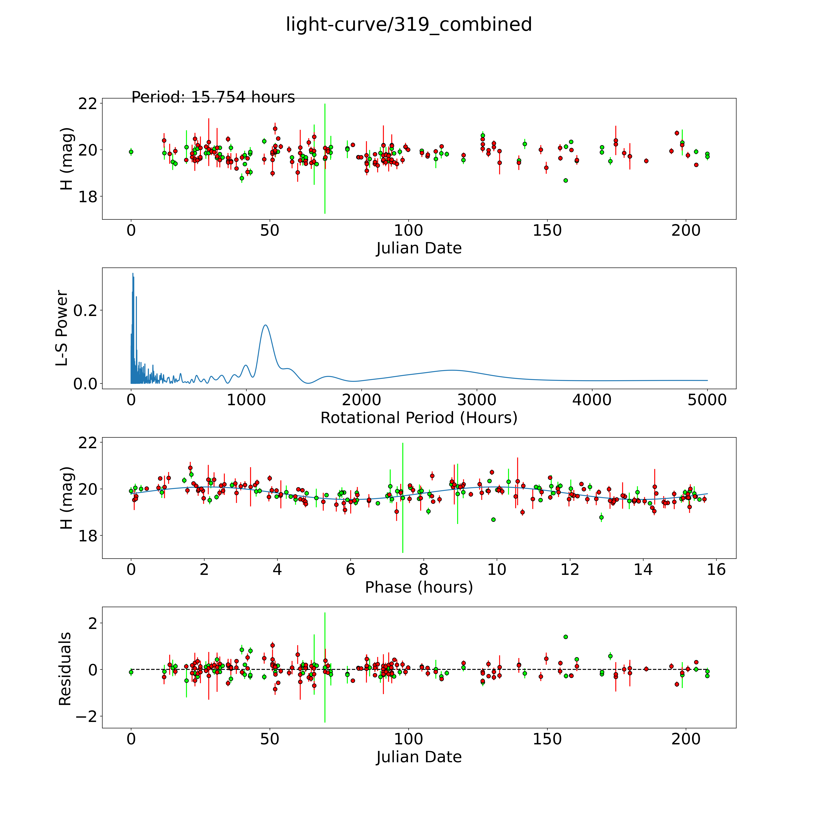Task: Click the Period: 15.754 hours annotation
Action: point(213,97)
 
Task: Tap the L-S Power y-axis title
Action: point(62,328)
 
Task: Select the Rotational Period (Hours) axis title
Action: point(419,418)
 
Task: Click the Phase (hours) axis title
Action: point(419,587)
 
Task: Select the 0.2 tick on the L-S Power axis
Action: point(85,310)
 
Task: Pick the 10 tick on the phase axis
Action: point(497,569)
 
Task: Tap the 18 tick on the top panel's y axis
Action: point(87,196)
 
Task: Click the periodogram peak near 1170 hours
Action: point(265,325)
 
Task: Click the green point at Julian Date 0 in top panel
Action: point(131,152)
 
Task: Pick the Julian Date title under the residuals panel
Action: point(419,757)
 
